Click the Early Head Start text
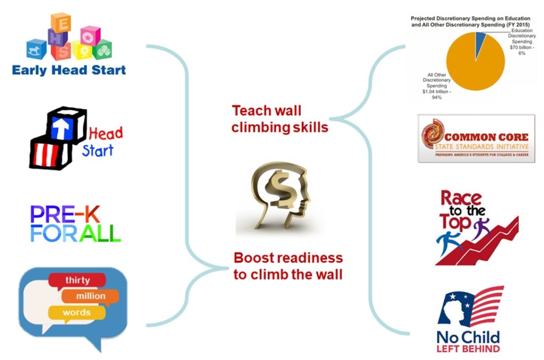tap(69, 70)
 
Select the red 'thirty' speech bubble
tap(77, 280)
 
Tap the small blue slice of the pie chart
tap(480, 38)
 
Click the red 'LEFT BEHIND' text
tap(468, 349)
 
